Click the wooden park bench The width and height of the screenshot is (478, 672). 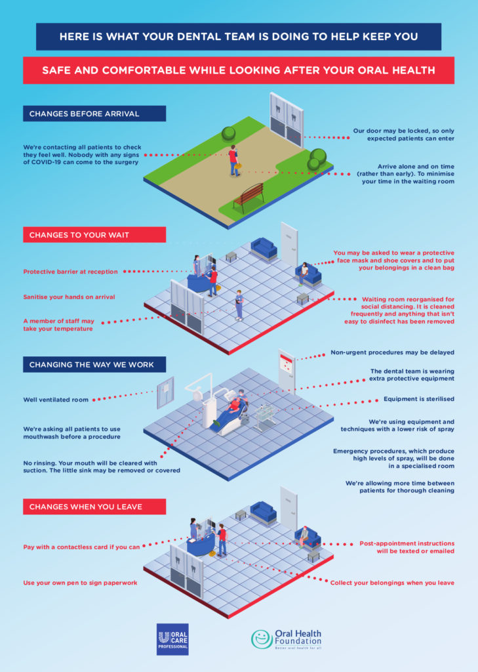coord(249,198)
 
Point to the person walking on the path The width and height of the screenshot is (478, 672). coord(234,161)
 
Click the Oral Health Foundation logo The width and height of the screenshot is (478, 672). coord(286,639)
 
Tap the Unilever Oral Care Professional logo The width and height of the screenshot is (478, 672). coord(172,639)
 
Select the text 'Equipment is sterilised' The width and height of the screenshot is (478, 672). coord(419,399)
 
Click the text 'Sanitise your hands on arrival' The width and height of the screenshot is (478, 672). coord(69,297)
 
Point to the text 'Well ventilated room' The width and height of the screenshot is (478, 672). coord(56,400)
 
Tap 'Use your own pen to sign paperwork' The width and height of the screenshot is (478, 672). coord(80,583)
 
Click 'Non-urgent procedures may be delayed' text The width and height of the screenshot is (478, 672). coord(392,352)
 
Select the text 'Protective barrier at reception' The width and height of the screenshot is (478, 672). coord(70,272)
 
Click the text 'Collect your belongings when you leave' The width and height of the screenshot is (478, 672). coord(392,583)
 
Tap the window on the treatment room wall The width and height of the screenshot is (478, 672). coord(165,392)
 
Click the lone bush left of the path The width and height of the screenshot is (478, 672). coord(228,134)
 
